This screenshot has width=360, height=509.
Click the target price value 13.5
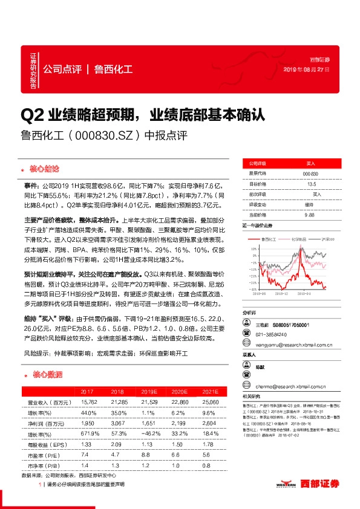(x=312, y=184)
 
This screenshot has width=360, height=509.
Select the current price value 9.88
(x=310, y=215)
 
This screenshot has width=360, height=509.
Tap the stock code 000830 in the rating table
(x=310, y=173)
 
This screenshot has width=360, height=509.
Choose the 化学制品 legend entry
(x=299, y=240)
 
